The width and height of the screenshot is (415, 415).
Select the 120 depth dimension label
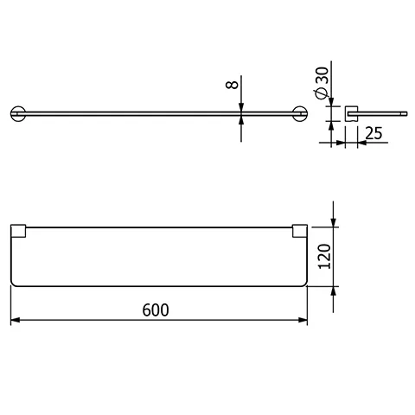click(x=323, y=257)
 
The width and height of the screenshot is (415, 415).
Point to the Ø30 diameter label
click(x=321, y=84)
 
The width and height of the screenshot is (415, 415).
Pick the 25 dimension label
click(x=374, y=134)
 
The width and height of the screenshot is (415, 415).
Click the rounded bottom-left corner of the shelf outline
click(x=15, y=283)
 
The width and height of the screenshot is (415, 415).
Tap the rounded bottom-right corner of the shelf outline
click(x=303, y=283)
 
